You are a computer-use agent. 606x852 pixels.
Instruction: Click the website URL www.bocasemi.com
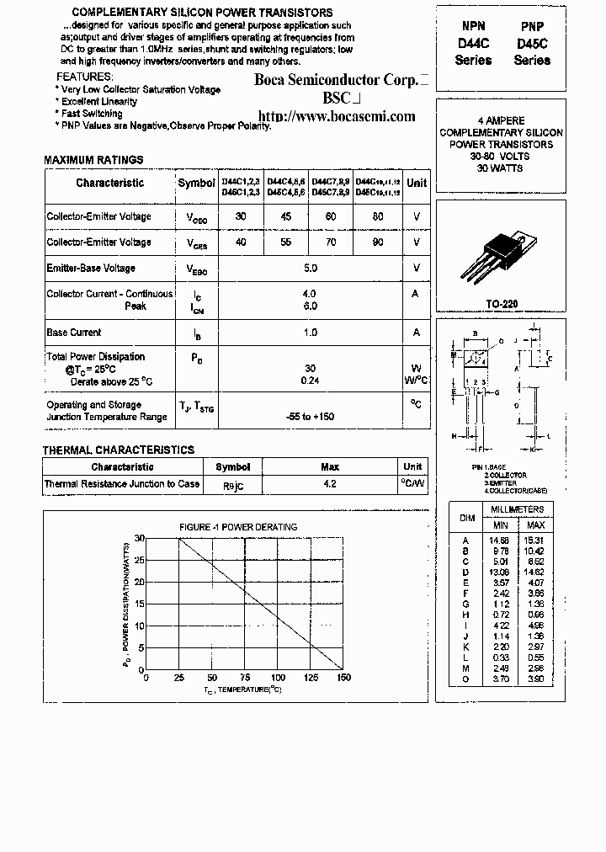336,116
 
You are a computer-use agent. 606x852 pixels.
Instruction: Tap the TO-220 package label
502,303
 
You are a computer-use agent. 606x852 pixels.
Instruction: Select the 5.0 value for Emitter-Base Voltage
311,269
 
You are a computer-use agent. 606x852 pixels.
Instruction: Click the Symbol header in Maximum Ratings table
196,183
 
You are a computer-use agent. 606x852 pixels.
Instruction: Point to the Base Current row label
74,333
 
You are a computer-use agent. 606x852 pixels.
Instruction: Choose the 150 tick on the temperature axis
343,677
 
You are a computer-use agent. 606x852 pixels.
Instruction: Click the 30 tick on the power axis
140,538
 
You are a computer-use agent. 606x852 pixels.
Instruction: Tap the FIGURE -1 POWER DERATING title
238,527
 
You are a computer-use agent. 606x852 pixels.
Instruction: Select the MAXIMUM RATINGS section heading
93,160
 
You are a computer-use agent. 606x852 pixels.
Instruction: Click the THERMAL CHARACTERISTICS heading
119,450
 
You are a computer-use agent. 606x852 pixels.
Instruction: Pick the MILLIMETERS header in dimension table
518,509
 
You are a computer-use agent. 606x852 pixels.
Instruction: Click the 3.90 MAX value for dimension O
535,678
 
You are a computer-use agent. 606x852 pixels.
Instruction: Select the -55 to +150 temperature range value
311,417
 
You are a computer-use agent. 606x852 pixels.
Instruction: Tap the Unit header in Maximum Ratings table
416,183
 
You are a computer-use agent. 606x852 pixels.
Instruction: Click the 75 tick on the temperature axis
244,677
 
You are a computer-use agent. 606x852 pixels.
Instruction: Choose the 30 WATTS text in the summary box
501,168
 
